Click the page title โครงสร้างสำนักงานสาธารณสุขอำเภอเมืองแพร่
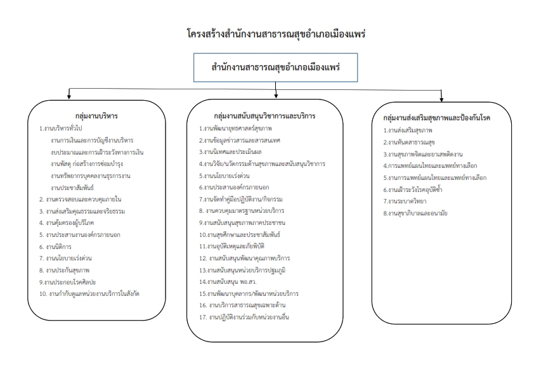click(276, 34)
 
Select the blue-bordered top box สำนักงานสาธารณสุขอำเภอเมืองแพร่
click(275, 67)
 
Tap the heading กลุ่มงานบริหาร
click(96, 116)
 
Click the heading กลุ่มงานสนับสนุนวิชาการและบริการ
click(264, 116)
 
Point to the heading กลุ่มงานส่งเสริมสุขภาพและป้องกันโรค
click(436, 118)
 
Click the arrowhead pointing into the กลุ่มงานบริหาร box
click(69, 97)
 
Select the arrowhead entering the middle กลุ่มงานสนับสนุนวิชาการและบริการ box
click(276, 96)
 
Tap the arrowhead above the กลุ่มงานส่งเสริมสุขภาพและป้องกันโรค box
click(441, 99)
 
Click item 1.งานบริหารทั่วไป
click(61, 129)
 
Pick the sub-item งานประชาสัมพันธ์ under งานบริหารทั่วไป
click(72, 188)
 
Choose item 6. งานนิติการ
click(55, 246)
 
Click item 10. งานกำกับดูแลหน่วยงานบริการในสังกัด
click(89, 293)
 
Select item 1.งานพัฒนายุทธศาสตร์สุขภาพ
click(235, 129)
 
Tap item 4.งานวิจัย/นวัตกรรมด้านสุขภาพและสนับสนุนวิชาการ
click(262, 164)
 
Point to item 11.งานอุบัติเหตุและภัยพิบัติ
click(231, 246)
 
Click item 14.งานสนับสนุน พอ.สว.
click(228, 282)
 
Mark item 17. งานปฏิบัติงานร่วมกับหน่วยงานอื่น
click(244, 317)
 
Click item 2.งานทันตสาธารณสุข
click(409, 142)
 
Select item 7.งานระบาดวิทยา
click(405, 201)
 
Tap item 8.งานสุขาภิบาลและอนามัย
click(415, 214)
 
